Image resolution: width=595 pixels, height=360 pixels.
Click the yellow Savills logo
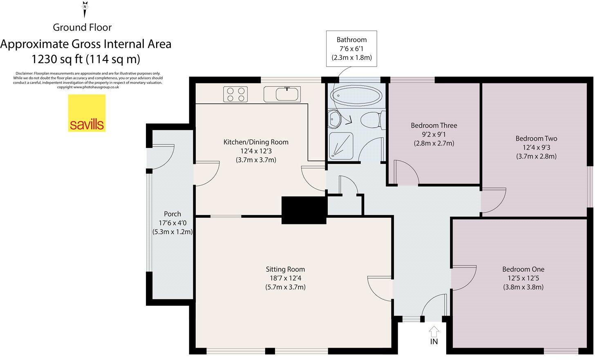point(87,113)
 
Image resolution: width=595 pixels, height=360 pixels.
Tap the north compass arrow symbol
point(85,9)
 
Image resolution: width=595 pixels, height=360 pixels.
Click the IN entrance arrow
point(434,331)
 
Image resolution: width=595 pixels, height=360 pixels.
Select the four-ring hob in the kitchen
point(235,94)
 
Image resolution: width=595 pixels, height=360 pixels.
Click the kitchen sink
point(288,94)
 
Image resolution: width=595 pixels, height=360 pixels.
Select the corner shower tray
point(341,145)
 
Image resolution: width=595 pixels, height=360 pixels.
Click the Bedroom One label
point(523,269)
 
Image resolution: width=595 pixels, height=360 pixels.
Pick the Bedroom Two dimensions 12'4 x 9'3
point(536,148)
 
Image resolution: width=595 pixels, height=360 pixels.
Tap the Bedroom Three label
point(434,125)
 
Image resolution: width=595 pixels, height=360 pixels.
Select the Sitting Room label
point(285,269)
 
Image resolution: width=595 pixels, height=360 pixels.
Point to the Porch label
point(172,214)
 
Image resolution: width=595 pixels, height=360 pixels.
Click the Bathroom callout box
point(351,48)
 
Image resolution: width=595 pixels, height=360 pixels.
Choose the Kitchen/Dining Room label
point(256,142)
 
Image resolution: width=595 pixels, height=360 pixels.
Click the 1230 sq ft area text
point(86,59)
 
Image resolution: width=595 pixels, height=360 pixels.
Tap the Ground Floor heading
point(82,27)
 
